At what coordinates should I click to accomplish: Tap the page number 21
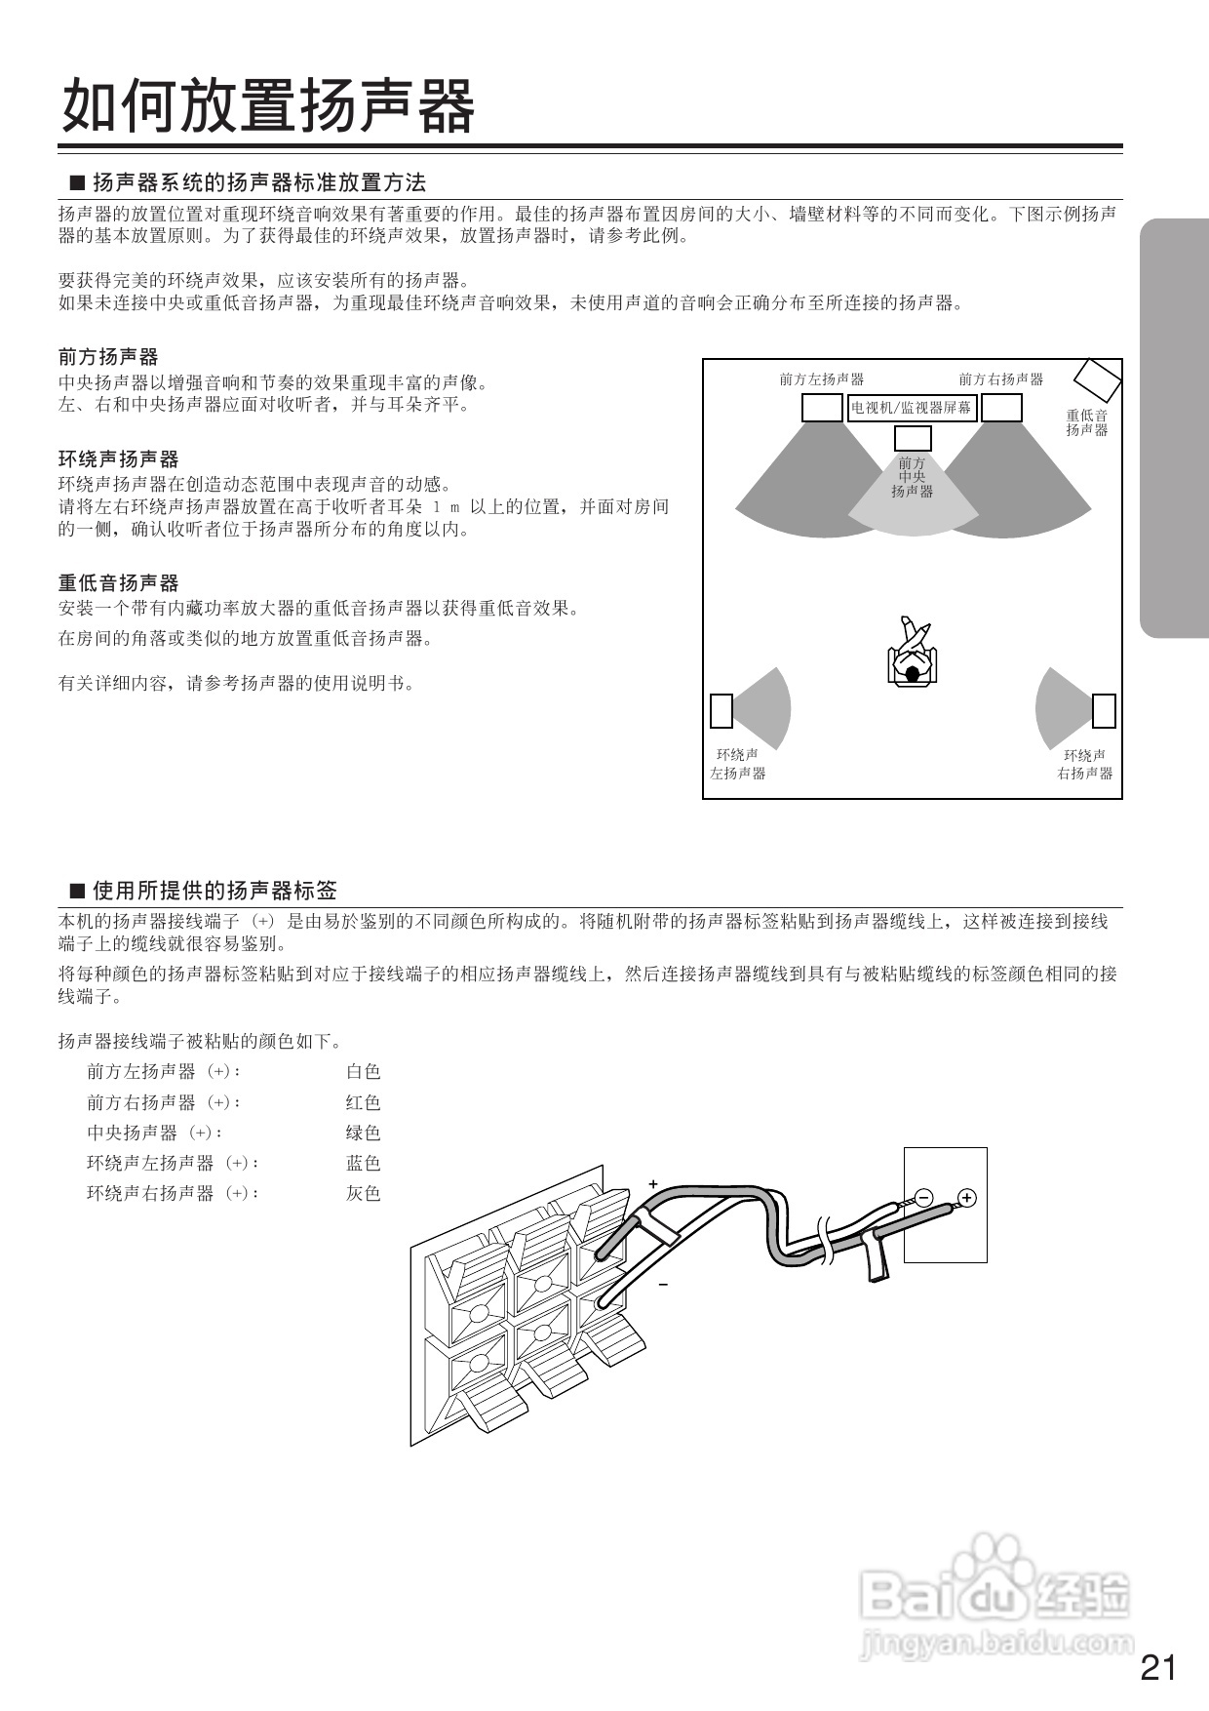[x=1158, y=1667]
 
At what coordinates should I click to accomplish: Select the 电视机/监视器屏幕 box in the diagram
[x=912, y=408]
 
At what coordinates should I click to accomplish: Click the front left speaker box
[x=822, y=408]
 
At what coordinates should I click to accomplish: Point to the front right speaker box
[x=1001, y=408]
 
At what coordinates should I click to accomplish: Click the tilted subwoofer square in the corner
[x=1098, y=379]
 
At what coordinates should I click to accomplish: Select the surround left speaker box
[x=721, y=710]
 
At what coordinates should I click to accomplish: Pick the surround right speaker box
[x=1104, y=710]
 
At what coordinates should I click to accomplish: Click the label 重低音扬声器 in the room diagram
[x=1086, y=422]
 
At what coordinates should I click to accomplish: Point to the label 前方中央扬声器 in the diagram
[x=913, y=477]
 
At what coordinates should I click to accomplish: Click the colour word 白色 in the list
[x=363, y=1071]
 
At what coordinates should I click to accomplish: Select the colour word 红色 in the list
[x=363, y=1102]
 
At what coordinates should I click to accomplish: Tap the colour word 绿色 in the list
[x=363, y=1133]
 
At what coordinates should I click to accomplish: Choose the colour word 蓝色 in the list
[x=363, y=1163]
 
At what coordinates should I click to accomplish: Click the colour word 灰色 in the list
[x=363, y=1193]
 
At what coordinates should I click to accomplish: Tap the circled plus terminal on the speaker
[x=966, y=1197]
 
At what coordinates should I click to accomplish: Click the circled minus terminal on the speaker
[x=923, y=1197]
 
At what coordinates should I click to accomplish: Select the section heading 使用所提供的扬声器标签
[x=214, y=890]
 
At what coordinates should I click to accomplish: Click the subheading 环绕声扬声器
[x=118, y=458]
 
